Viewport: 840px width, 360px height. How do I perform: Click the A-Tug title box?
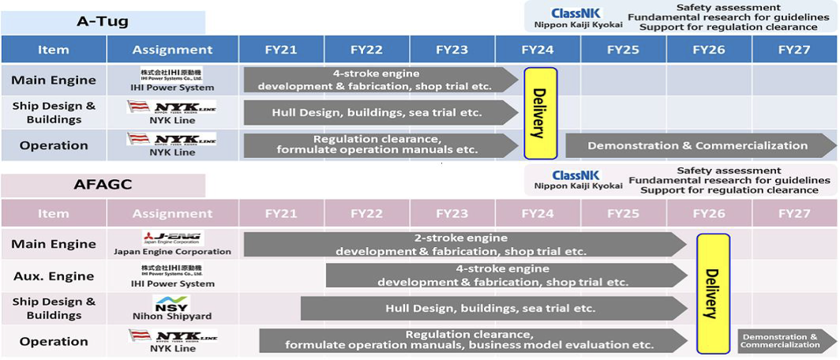click(103, 21)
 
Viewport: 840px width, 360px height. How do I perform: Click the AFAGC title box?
click(103, 186)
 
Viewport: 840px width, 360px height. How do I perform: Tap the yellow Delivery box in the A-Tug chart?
click(541, 113)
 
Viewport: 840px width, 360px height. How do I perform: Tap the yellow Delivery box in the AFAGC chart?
click(713, 282)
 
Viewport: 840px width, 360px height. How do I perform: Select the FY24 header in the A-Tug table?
click(538, 50)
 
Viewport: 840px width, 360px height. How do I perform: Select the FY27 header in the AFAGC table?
click(794, 213)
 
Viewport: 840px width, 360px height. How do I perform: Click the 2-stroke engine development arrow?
click(462, 244)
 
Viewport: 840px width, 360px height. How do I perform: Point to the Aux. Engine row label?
click(54, 276)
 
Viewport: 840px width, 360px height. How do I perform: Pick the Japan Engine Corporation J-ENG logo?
click(173, 238)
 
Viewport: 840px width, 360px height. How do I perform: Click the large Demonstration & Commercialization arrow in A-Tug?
click(699, 145)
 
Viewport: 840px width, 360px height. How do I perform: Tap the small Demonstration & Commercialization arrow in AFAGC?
click(786, 341)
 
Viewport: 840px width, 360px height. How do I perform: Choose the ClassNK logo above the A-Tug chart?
click(577, 13)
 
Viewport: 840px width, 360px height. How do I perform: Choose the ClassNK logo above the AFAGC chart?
click(577, 175)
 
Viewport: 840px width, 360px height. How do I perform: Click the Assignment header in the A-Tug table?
click(172, 50)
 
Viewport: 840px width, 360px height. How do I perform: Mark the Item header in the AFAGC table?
click(54, 213)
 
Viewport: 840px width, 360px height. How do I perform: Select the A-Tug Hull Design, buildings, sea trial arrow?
click(379, 112)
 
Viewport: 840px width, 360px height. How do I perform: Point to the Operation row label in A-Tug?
click(54, 145)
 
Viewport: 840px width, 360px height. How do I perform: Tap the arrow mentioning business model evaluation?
click(470, 340)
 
